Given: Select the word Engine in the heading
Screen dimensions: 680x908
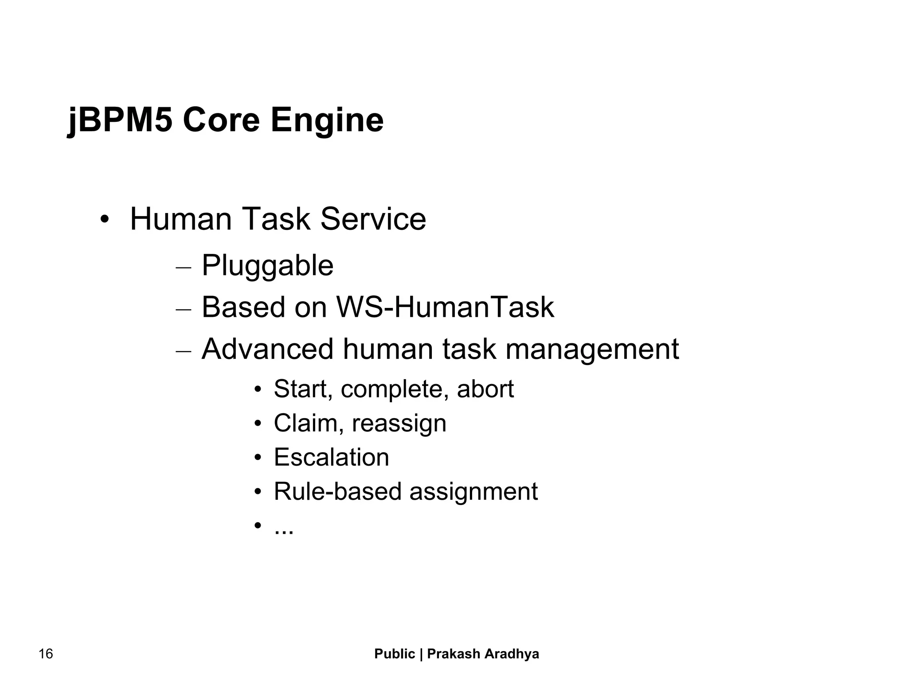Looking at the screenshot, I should (x=327, y=120).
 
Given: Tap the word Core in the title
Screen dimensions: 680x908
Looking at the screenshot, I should (x=221, y=120).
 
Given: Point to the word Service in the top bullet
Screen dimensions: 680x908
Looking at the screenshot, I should (x=373, y=219).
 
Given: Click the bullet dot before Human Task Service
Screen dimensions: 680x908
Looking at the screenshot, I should (x=105, y=220).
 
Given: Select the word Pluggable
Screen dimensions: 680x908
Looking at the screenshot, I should (x=267, y=266).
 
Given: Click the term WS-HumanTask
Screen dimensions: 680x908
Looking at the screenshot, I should (x=445, y=307).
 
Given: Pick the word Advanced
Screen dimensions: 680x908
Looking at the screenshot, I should (x=267, y=349).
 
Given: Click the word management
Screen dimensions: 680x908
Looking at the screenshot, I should (x=592, y=349).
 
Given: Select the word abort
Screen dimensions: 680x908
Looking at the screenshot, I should (x=485, y=389).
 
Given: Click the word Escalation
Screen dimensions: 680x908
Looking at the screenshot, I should (x=331, y=457).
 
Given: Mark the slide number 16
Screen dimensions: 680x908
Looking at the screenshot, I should (x=46, y=654).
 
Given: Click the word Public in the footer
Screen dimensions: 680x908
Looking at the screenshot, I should (x=395, y=654).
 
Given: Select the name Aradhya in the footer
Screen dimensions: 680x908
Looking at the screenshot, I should (x=512, y=654).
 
